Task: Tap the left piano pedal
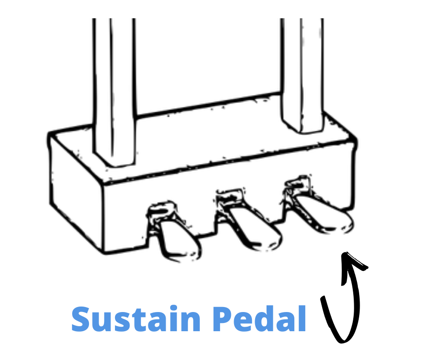click(176, 240)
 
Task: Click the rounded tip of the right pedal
click(345, 226)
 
